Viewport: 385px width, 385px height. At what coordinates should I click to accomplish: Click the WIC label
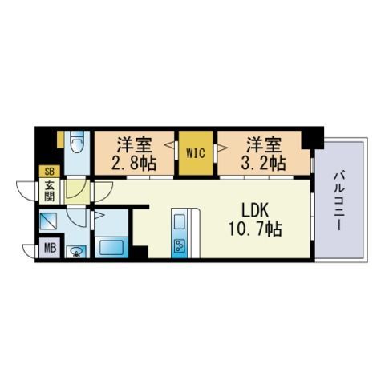196,153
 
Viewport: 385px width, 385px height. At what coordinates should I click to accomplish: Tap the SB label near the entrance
49,172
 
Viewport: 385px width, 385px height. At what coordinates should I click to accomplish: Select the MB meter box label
50,249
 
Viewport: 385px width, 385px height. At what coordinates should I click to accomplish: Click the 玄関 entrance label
50,191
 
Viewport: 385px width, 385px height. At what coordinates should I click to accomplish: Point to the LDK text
255,211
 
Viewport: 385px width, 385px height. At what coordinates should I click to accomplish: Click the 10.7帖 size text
255,229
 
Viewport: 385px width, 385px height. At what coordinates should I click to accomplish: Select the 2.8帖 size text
133,163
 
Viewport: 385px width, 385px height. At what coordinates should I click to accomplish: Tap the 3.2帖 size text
263,163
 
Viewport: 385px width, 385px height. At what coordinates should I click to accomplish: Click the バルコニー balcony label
339,201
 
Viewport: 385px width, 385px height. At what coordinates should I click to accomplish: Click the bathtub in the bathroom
111,248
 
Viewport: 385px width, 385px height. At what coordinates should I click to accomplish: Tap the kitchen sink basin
180,222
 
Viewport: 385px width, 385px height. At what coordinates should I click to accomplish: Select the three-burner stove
180,245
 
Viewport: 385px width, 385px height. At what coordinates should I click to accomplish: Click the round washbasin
76,252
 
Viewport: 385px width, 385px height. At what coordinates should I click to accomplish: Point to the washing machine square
48,221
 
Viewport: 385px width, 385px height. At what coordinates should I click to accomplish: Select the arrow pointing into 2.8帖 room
169,146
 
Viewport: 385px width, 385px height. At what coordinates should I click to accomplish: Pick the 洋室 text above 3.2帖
263,144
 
